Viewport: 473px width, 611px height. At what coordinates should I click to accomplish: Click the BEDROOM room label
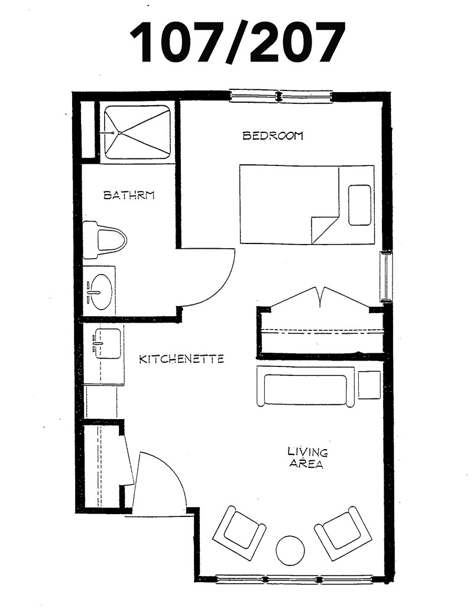point(273,136)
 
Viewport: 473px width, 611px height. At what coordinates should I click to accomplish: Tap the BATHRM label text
point(129,195)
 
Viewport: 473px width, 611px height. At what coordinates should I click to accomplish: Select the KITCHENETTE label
point(182,359)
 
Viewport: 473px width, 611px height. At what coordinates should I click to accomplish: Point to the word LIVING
point(307,452)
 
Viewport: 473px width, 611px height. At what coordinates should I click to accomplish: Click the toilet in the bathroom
point(105,240)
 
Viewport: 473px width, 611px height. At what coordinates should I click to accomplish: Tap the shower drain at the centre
point(119,132)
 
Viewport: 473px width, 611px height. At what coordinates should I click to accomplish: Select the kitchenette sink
point(107,343)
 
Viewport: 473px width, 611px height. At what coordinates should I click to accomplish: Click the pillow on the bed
point(359,206)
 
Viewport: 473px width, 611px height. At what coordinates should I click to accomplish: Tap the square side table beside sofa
point(370,385)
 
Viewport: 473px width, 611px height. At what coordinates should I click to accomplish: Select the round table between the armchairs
point(290,551)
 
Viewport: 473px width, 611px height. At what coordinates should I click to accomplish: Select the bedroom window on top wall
point(280,96)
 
